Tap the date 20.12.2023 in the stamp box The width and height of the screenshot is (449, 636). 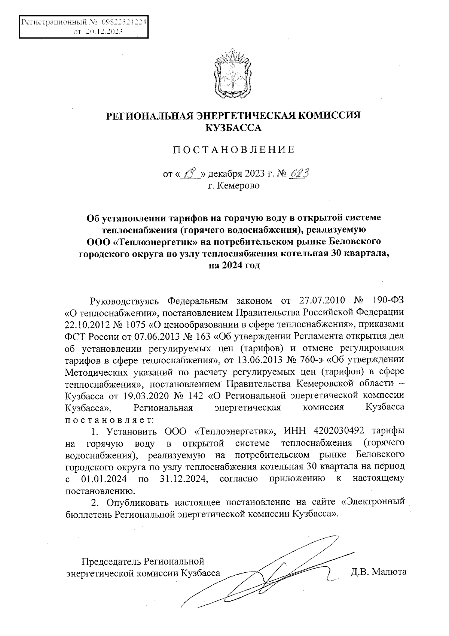104,32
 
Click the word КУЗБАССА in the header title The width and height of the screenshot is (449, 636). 233,128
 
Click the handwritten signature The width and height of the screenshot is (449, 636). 266,577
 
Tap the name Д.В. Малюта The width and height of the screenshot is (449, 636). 378,572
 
